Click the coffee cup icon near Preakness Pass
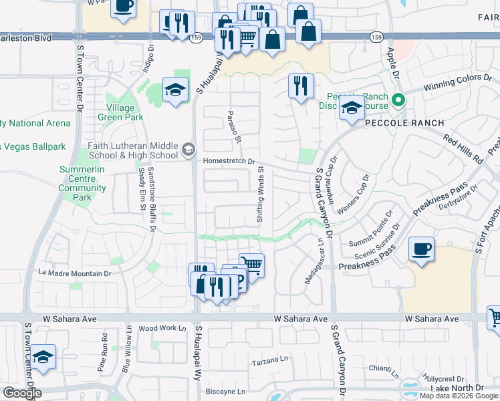[x=421, y=250]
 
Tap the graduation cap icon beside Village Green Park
[x=175, y=90]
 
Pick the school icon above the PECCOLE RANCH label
[x=351, y=108]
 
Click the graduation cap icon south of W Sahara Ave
[x=43, y=356]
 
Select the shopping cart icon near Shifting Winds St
[x=252, y=264]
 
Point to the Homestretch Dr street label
[x=229, y=161]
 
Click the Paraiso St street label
[x=233, y=122]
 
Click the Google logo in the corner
[x=21, y=393]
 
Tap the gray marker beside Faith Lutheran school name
[x=189, y=148]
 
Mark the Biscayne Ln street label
[x=226, y=391]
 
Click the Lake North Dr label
[x=457, y=388]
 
